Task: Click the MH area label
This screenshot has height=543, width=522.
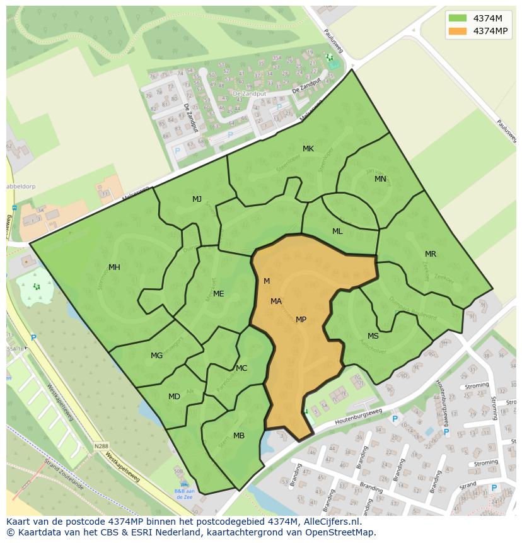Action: [x=114, y=267]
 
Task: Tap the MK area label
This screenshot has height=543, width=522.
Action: [x=308, y=149]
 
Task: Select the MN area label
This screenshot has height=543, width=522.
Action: [x=380, y=179]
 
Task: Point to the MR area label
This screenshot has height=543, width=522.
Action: [x=431, y=254]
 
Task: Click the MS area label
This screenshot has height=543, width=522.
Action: [x=373, y=336]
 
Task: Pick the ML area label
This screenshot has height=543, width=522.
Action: [x=337, y=231]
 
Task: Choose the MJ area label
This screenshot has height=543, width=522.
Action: [x=197, y=199]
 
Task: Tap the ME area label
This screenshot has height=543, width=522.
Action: [x=218, y=294]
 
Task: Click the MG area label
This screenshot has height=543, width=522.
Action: [x=156, y=356]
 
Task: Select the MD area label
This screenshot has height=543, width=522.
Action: [x=174, y=397]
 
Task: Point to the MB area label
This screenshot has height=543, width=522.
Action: [x=239, y=436]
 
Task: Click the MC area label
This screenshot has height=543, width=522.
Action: [x=241, y=368]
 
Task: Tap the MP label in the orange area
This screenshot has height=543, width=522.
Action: [x=301, y=320]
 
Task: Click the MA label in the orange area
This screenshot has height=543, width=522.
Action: [x=276, y=301]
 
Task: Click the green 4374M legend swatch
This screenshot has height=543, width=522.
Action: [x=457, y=18]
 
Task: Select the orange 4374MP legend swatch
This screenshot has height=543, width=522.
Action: [x=457, y=30]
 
